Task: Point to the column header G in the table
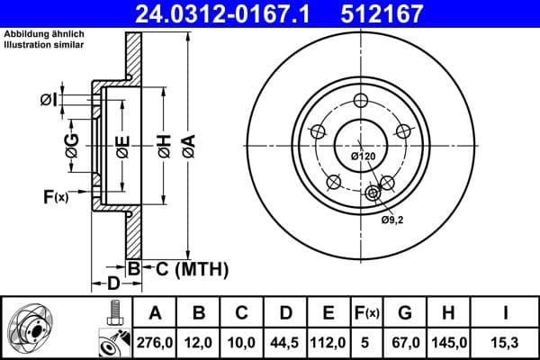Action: [x=404, y=313]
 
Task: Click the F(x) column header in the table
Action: [x=367, y=313]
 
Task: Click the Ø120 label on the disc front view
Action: [x=363, y=157]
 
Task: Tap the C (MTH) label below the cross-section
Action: [x=186, y=269]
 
